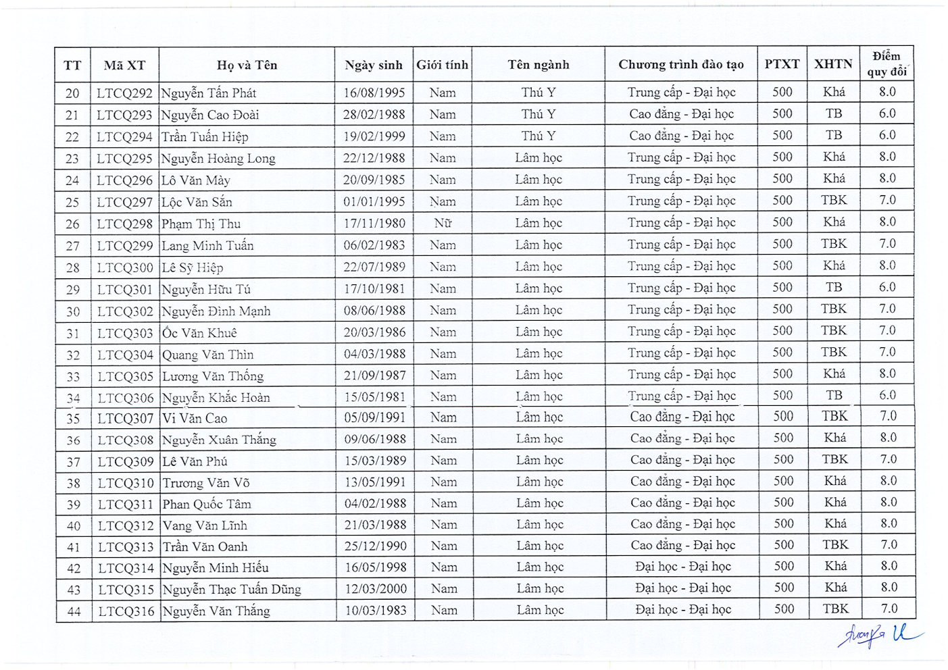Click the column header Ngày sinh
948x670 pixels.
373,66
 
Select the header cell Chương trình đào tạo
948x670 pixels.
680,65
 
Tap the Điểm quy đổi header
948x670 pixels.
887,63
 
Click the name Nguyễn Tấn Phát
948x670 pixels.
209,93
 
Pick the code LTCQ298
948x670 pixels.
125,224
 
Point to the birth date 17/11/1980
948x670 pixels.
374,223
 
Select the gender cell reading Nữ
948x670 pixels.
443,223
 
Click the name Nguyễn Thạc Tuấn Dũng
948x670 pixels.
232,589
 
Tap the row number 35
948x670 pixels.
73,419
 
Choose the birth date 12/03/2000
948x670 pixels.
376,588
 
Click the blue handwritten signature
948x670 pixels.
878,636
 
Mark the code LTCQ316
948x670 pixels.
126,611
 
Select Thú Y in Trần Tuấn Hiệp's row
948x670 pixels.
539,136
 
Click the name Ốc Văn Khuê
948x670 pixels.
199,333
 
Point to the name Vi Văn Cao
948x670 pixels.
195,418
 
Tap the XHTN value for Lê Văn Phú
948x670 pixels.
834,459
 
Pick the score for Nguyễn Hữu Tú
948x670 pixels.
887,287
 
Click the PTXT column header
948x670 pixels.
782,64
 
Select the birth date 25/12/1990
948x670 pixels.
376,546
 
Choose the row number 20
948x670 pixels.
72,93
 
